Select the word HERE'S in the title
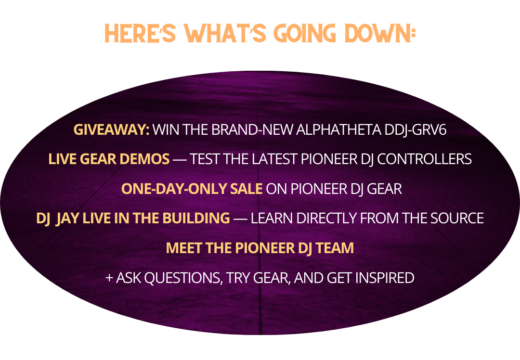click(140, 33)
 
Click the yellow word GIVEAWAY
click(111, 129)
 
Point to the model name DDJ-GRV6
click(416, 129)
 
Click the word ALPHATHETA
click(338, 129)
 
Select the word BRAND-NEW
click(252, 129)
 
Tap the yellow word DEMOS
click(144, 159)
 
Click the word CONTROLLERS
click(424, 159)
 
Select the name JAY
click(67, 219)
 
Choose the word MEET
click(184, 248)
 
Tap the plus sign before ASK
click(109, 278)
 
